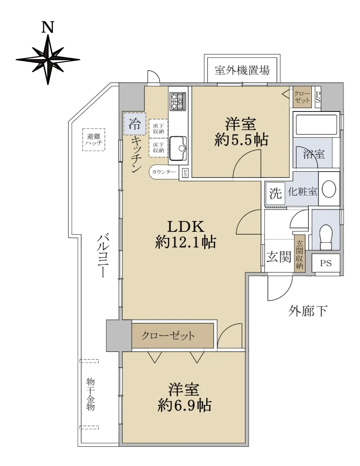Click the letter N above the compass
(x=47, y=27)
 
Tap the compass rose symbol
(x=48, y=60)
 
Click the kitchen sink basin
(x=178, y=148)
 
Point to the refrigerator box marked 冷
(x=135, y=124)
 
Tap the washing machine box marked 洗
(x=275, y=193)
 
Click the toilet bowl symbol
(x=326, y=237)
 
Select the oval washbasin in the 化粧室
(x=329, y=189)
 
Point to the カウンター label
(x=164, y=172)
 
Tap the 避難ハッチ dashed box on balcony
(x=94, y=140)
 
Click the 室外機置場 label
(x=242, y=70)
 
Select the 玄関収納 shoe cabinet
(x=299, y=254)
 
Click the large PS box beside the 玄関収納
(x=326, y=263)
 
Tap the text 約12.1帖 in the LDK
(x=186, y=242)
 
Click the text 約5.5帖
(x=241, y=140)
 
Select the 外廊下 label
(x=308, y=311)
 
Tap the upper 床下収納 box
(x=158, y=129)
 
